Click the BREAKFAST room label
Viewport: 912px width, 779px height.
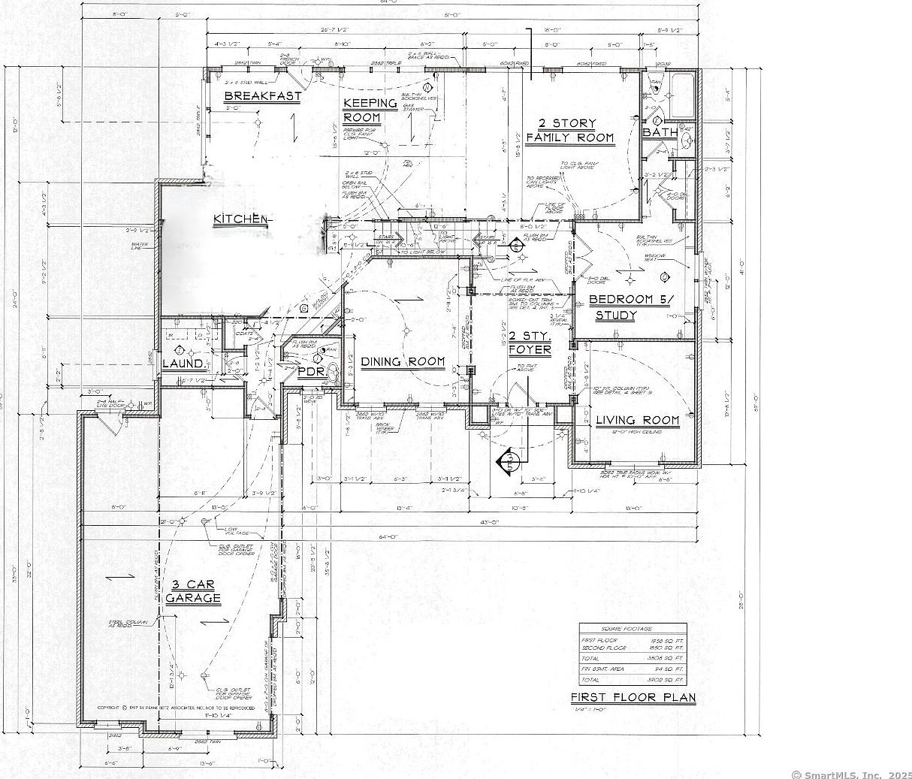(262, 96)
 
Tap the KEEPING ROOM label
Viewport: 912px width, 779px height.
(370, 110)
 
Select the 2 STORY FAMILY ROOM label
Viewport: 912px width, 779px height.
(569, 131)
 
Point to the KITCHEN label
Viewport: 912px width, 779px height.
(240, 219)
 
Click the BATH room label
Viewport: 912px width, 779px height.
(659, 132)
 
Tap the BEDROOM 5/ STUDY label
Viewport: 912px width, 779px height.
(632, 307)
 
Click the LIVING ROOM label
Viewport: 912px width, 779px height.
(637, 421)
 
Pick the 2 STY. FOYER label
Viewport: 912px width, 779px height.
(530, 343)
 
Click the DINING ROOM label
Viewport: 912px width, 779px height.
(403, 362)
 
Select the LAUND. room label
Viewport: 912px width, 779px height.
(183, 364)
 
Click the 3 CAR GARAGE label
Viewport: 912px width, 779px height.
(193, 591)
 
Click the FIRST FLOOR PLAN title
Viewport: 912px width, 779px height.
(633, 698)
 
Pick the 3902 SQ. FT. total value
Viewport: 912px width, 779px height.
(669, 679)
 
